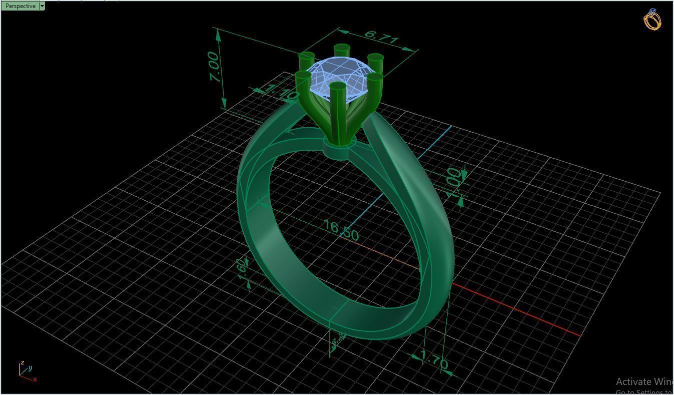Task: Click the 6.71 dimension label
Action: (x=381, y=37)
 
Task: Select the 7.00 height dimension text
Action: (x=214, y=67)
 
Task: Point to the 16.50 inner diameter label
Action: (x=341, y=230)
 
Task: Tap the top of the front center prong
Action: (x=338, y=87)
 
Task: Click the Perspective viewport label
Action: (x=21, y=6)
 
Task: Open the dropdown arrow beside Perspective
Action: (x=42, y=6)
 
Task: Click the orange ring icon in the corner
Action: (x=652, y=20)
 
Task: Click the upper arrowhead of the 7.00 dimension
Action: (x=218, y=34)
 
